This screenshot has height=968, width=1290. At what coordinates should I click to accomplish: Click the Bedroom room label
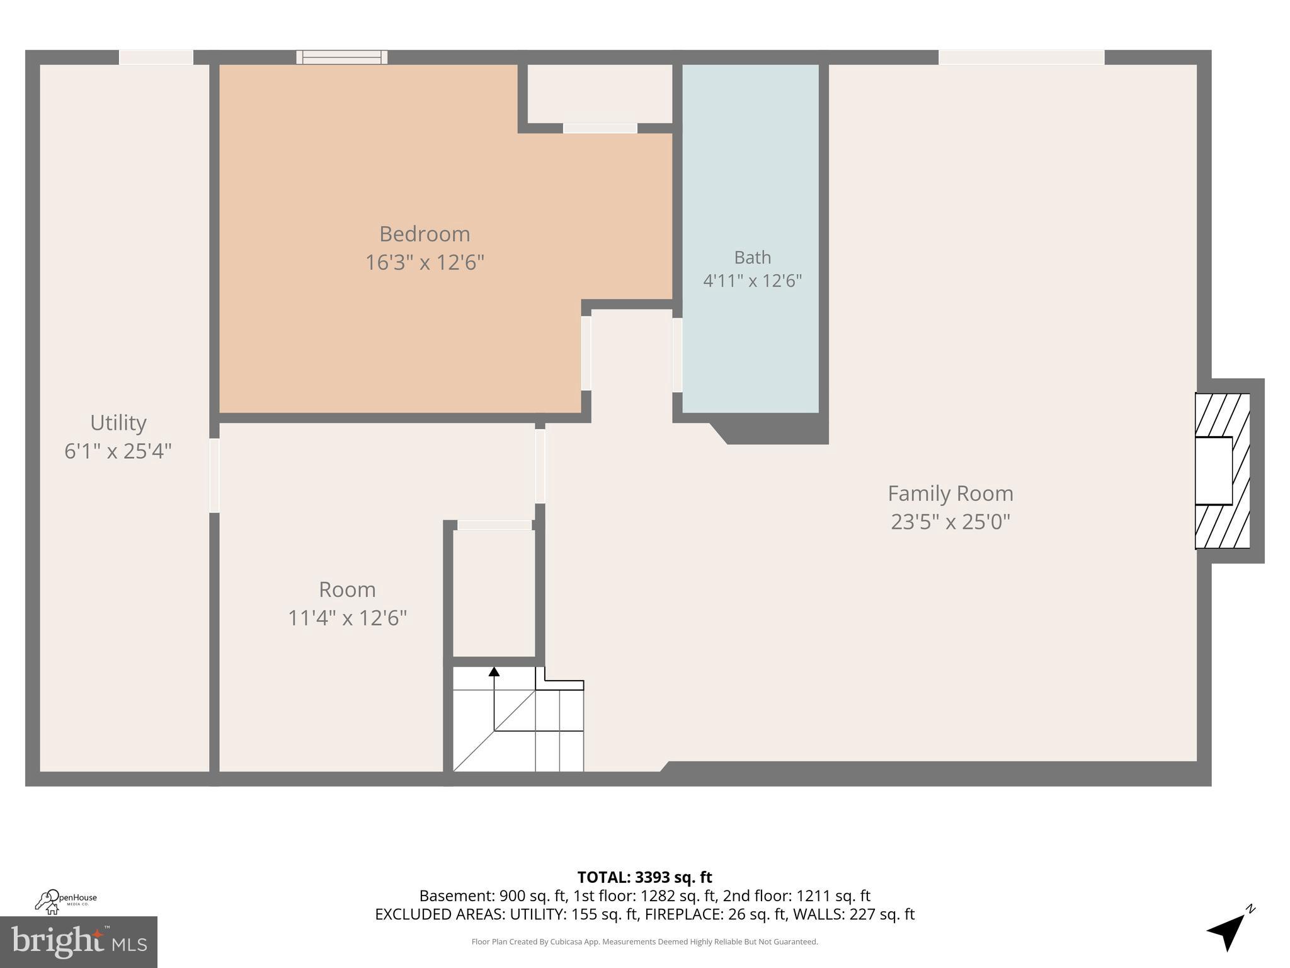425,234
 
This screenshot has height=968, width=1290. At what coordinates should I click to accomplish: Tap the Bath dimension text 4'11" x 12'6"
752,280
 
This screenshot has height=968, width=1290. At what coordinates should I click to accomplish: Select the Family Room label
950,493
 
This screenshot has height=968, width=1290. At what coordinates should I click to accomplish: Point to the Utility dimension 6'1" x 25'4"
118,451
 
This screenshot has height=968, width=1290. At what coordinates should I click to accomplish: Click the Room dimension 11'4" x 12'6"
347,618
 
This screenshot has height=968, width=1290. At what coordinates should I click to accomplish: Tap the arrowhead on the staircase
494,672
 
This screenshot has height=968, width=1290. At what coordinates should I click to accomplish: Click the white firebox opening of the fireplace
1213,471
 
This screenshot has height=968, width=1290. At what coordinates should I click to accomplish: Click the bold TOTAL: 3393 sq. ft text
644,877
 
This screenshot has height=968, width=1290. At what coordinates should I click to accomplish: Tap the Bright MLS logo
79,942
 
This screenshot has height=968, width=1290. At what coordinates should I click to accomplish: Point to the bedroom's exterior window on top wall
342,57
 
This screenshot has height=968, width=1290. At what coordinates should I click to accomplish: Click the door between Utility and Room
214,475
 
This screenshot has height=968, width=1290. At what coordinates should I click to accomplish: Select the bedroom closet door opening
600,129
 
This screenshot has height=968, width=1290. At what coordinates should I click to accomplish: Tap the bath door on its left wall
677,355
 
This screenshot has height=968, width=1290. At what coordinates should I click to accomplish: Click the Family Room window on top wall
1021,57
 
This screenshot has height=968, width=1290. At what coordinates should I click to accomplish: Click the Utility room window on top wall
156,57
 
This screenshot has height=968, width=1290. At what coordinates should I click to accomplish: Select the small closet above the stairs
494,592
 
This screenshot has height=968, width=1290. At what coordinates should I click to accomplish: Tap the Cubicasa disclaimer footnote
644,942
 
